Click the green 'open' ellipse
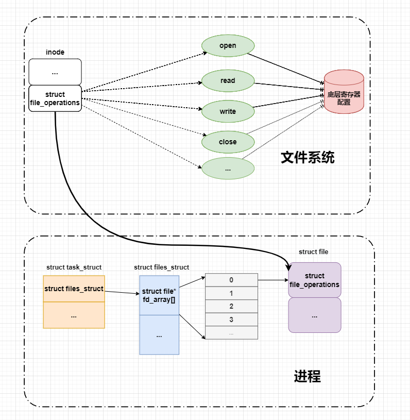pos(228,46)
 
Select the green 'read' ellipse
pos(228,81)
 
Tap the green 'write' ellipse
pos(228,111)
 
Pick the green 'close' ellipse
pos(228,142)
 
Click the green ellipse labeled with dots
pos(228,169)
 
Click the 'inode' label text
pos(55,52)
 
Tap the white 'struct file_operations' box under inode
pos(55,98)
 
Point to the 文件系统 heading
pos(307,158)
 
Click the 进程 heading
pos(307,377)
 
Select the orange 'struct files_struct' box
pos(74,289)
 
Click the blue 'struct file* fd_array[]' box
pos(159,295)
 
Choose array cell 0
pos(231,280)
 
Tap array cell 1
pos(231,293)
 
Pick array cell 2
pos(231,306)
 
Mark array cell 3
pos(231,320)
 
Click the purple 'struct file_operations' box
pos(315,280)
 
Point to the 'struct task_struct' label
pos(74,267)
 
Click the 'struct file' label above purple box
pos(313,252)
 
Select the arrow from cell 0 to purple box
pos(272,280)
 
